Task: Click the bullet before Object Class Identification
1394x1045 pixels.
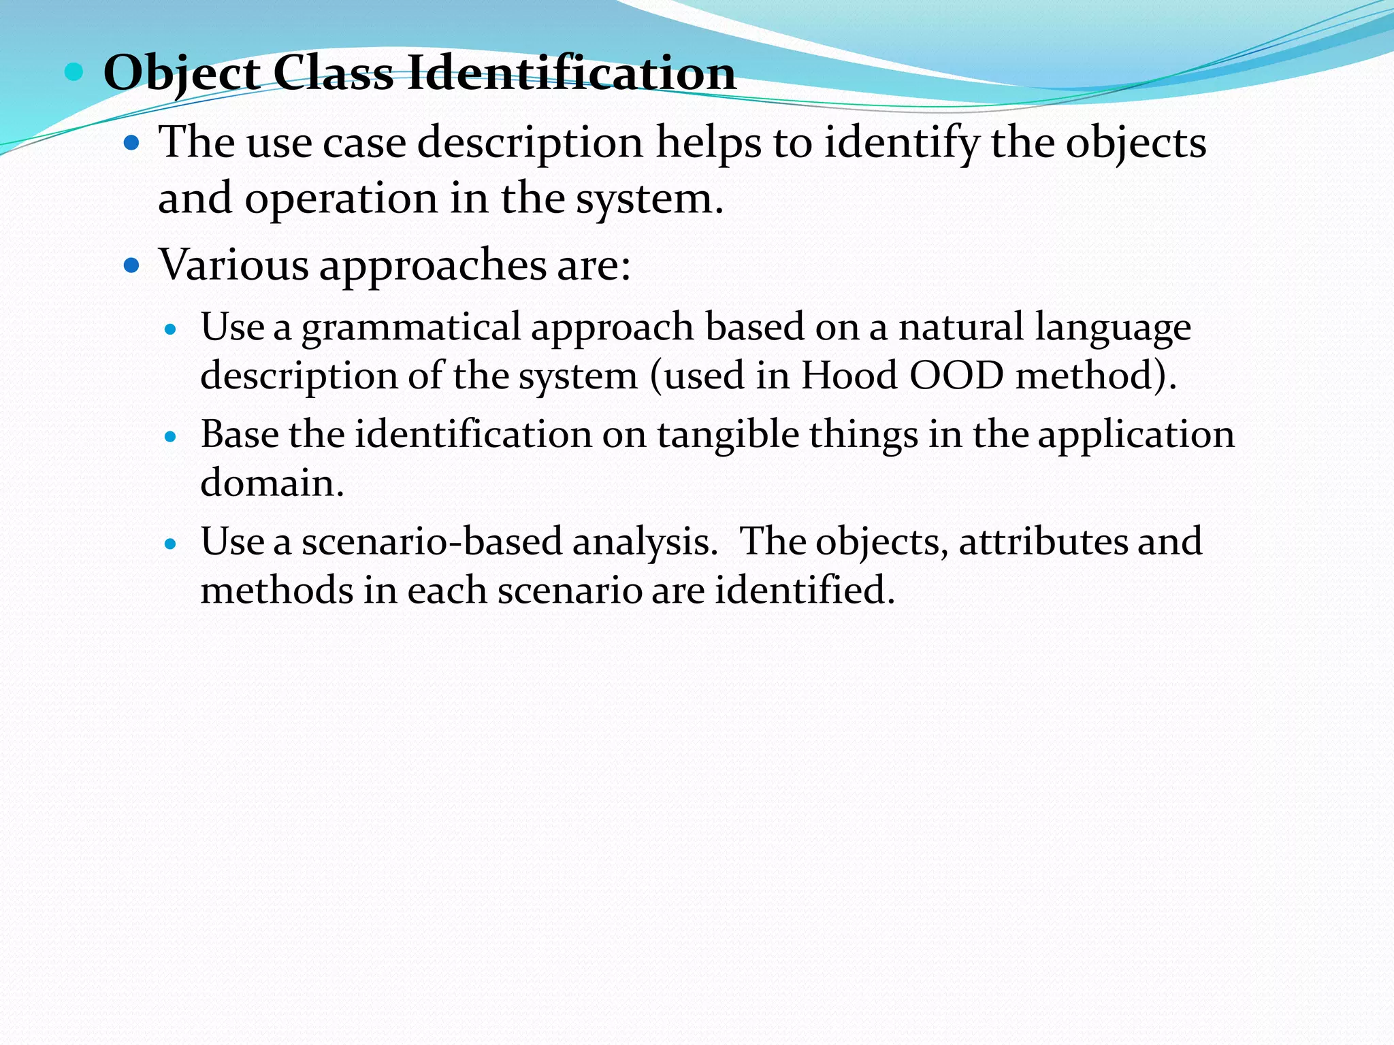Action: (x=74, y=71)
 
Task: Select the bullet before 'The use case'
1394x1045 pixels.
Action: (x=131, y=144)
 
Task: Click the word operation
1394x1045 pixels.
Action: (x=341, y=199)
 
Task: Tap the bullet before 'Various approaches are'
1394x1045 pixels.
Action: (x=131, y=265)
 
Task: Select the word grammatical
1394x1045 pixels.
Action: (x=411, y=327)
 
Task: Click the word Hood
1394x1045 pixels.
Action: (x=849, y=376)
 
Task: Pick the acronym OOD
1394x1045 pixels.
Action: (x=956, y=376)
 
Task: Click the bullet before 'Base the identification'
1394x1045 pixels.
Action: (x=171, y=436)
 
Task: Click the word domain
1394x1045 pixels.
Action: (x=272, y=483)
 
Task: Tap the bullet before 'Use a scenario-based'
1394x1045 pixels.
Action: (x=171, y=544)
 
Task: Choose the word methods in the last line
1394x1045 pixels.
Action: (x=276, y=590)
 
